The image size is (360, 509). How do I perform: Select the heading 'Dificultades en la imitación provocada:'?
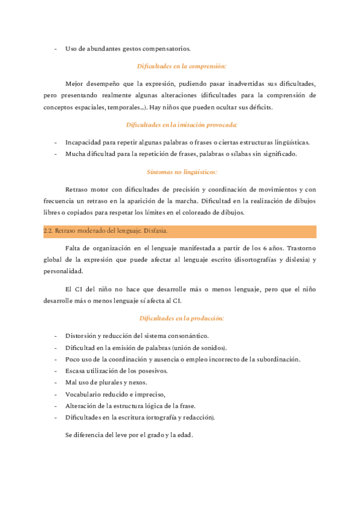tap(181, 124)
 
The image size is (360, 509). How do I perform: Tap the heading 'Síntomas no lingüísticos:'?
tap(181, 172)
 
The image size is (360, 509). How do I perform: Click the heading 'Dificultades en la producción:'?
tap(181, 318)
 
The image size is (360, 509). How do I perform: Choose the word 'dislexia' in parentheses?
tap(287, 260)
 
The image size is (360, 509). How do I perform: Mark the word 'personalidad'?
tap(64, 271)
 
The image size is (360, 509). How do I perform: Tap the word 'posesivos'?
tap(150, 370)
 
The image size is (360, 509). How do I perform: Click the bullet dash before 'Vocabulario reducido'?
tap(56, 394)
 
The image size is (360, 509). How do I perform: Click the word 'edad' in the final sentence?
tap(184, 435)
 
